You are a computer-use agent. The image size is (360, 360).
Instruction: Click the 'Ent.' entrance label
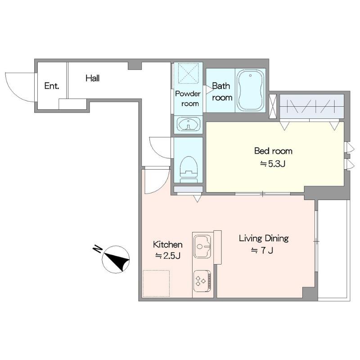52,86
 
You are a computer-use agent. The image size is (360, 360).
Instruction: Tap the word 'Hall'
93,78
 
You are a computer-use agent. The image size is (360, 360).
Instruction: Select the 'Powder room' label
188,99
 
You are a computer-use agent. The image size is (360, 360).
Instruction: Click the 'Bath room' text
222,92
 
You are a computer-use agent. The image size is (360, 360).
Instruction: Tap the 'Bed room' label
273,151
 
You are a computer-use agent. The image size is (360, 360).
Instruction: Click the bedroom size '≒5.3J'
273,164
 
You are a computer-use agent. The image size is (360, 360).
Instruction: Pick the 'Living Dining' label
264,238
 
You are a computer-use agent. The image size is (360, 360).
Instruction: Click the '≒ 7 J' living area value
262,251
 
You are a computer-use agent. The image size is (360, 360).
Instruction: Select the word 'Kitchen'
167,244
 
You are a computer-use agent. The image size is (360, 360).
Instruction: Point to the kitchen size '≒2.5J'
167,256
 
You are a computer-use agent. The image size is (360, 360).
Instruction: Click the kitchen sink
202,246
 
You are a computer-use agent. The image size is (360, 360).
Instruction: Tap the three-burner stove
202,281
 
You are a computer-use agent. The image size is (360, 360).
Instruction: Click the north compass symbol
116,260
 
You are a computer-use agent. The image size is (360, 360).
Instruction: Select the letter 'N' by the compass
97,249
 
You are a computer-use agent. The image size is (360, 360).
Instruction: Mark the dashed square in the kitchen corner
156,283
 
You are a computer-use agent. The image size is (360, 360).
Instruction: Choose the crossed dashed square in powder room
188,73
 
